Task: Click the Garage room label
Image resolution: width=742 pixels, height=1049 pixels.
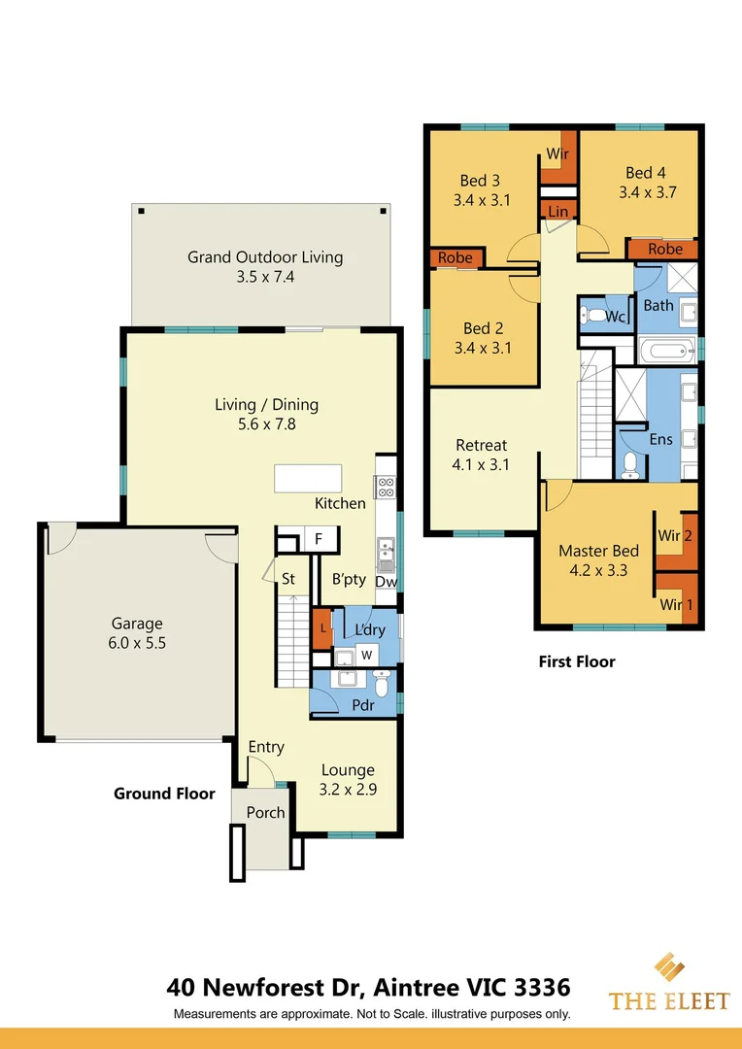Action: (137, 624)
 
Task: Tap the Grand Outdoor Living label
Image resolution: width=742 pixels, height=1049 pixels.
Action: (265, 257)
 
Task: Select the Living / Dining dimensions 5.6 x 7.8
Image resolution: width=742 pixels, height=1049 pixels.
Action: (266, 423)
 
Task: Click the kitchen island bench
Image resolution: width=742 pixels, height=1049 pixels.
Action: (308, 479)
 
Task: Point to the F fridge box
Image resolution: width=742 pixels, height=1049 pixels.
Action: (319, 539)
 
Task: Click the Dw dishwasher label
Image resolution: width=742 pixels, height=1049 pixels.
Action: (386, 583)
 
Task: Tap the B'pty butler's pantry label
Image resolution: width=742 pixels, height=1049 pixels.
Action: (349, 580)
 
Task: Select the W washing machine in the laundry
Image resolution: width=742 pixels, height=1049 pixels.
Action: (367, 654)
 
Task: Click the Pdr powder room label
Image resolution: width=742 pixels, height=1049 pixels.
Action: (362, 705)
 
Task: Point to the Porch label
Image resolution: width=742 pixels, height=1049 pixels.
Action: (265, 812)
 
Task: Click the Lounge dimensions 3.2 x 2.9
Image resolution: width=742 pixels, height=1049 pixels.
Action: (348, 790)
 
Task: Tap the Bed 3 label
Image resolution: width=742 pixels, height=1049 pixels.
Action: (480, 181)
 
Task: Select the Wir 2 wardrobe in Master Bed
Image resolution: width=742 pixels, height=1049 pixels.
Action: (674, 535)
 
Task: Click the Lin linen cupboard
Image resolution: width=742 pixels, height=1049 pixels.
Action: (558, 212)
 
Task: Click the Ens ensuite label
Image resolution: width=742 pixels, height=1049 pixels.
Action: (660, 440)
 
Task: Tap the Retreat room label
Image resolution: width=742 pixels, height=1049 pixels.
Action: (482, 446)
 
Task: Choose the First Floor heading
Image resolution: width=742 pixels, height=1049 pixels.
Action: (577, 661)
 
